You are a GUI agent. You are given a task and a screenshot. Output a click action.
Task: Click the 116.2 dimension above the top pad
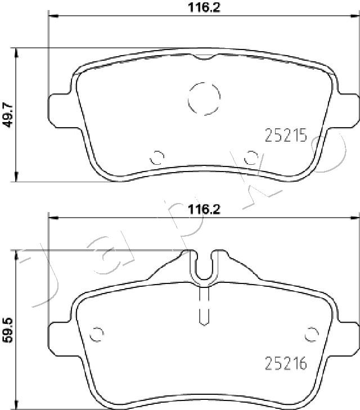coord(204,7)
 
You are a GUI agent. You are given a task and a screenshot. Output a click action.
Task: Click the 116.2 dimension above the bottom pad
coord(204,209)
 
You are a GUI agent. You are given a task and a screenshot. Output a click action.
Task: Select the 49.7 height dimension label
coord(8,115)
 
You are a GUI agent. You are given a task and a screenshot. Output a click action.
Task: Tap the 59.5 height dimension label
coord(8,330)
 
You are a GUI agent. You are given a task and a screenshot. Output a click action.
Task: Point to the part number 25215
coord(286,136)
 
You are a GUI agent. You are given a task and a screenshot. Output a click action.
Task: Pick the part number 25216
coord(286,363)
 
